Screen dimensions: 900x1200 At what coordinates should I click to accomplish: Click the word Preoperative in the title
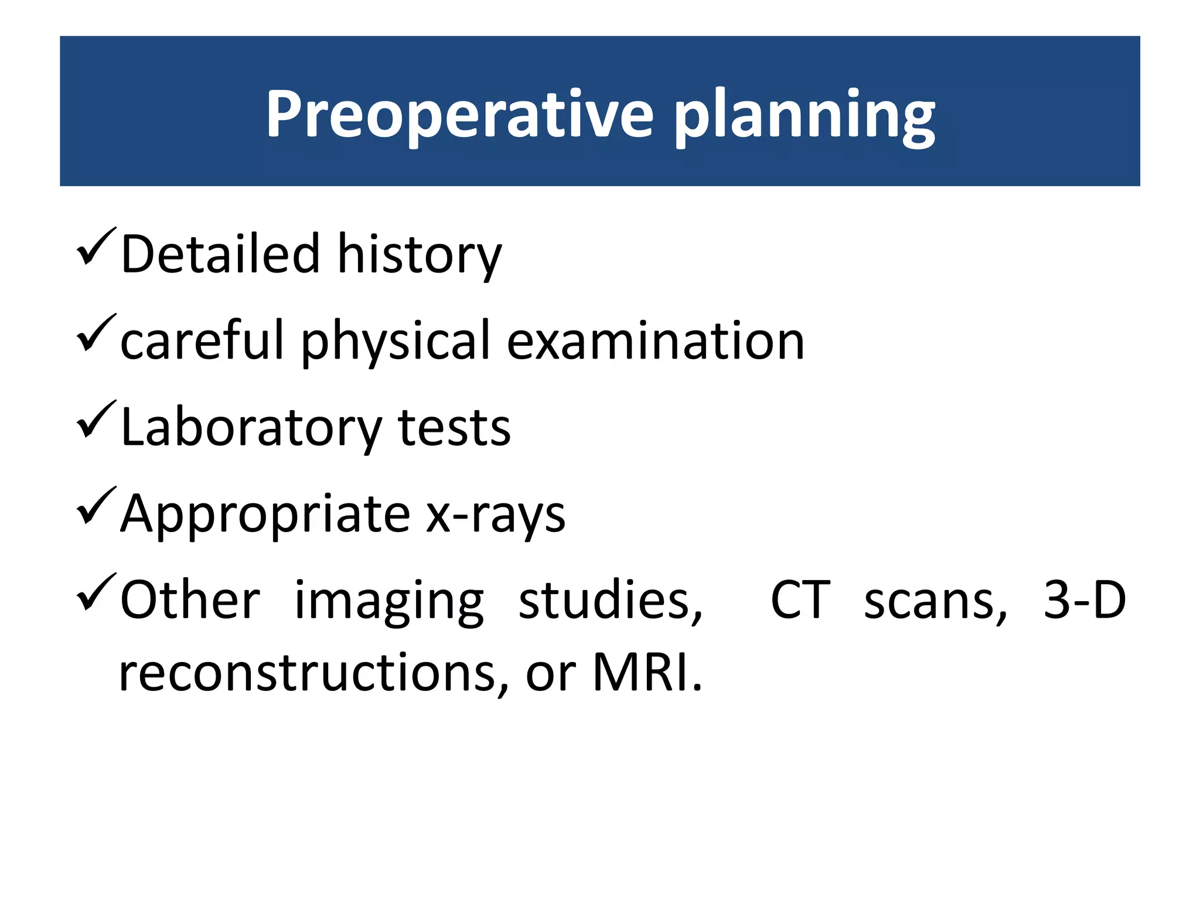[459, 114]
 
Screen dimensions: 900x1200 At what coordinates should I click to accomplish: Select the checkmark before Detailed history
[96, 247]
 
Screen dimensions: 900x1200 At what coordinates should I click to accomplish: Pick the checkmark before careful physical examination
[96, 333]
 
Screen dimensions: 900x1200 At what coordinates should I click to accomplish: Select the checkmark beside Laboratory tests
[96, 420]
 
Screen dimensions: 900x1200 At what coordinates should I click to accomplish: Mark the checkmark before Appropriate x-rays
[96, 506]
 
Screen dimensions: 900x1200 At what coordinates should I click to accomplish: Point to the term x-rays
[495, 514]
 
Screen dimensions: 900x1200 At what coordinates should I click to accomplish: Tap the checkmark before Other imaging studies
[96, 592]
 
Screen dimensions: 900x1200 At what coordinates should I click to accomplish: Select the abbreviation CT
[800, 600]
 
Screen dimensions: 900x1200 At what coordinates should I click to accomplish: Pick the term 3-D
[1085, 600]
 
